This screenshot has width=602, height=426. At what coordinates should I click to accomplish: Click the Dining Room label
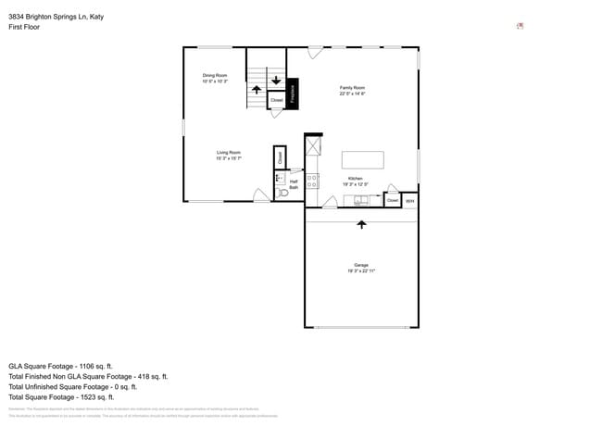215,78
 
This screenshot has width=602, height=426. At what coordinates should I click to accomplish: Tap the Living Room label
229,155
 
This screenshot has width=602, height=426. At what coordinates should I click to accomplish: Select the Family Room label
352,90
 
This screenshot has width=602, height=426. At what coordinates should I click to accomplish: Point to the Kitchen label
355,180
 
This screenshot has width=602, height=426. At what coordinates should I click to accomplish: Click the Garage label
361,268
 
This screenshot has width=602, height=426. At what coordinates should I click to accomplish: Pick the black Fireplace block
293,94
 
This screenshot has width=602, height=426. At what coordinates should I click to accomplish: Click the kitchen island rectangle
362,159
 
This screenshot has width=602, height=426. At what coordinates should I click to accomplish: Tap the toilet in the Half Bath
283,194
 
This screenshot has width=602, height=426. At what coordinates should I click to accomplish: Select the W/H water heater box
410,200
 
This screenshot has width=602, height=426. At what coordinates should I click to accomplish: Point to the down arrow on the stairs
276,80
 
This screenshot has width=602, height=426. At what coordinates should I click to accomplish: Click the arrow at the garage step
361,224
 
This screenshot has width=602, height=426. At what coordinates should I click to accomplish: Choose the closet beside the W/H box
393,200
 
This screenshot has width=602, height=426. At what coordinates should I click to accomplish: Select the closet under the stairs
276,100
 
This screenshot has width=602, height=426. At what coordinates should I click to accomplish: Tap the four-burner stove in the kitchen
313,181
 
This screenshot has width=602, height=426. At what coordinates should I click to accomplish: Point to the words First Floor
24,27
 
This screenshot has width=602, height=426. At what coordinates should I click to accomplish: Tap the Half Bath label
294,184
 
